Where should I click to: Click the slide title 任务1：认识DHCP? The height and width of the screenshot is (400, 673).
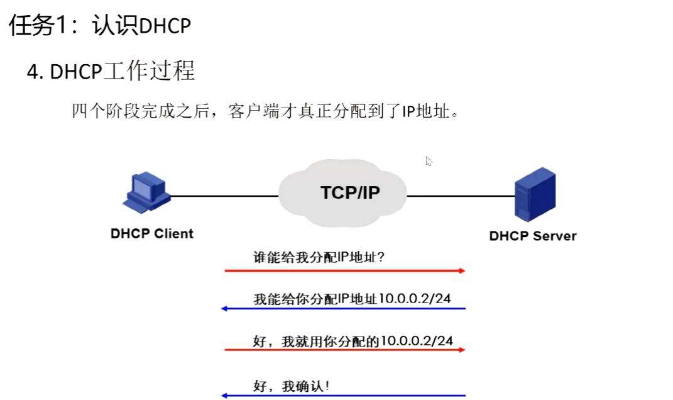(99, 26)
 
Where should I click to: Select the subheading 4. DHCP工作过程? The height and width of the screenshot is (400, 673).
(111, 71)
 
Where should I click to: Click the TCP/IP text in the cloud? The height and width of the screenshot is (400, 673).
(350, 192)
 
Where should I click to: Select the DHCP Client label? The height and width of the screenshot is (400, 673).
(152, 234)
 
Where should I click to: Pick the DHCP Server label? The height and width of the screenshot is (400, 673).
(532, 236)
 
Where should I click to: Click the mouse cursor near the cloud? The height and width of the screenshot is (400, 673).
(429, 161)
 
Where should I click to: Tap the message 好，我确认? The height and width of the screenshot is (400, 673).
(291, 386)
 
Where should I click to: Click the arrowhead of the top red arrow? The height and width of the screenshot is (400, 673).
(462, 270)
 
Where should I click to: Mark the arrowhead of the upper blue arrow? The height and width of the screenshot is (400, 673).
(224, 308)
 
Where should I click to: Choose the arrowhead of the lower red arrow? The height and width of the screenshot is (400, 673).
(462, 350)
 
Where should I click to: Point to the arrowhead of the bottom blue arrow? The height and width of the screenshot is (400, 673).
(224, 396)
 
